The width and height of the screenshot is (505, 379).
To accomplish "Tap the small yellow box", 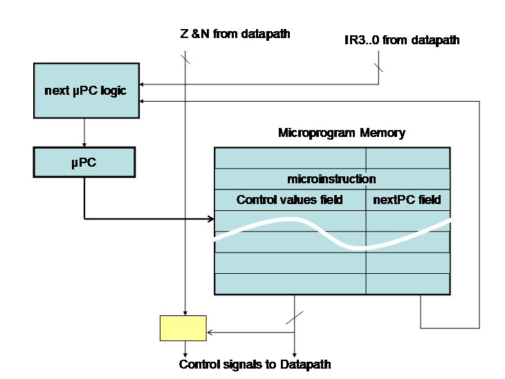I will click(183, 328).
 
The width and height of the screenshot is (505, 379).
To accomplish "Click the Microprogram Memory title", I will click(341, 133).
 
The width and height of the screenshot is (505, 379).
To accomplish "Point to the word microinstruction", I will click(331, 179).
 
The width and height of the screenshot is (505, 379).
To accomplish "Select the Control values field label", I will click(289, 200).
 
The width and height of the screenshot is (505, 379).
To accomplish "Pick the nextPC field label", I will click(407, 200).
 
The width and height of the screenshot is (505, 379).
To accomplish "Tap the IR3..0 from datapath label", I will click(401, 40).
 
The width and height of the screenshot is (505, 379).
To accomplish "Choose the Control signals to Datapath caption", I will click(255, 364).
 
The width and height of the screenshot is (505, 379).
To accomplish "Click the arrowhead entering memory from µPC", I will click(211, 220).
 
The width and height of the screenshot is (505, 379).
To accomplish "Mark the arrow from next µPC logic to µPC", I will click(84, 132).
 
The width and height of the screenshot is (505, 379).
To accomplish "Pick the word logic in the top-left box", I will click(113, 91).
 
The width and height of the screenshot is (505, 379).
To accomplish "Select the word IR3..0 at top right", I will click(360, 40).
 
